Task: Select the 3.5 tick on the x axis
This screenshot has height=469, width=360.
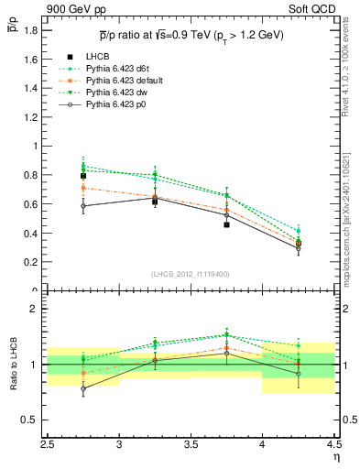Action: coord(191,444)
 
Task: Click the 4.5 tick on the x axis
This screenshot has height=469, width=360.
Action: coord(333,444)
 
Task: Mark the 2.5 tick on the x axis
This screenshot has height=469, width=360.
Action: coord(48,444)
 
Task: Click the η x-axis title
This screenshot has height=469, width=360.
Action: coord(336,455)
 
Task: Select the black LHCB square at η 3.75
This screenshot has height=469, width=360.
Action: coord(226,224)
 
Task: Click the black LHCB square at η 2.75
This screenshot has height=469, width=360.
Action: coord(83,176)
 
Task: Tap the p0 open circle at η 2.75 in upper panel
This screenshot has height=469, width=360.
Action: coord(83,206)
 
